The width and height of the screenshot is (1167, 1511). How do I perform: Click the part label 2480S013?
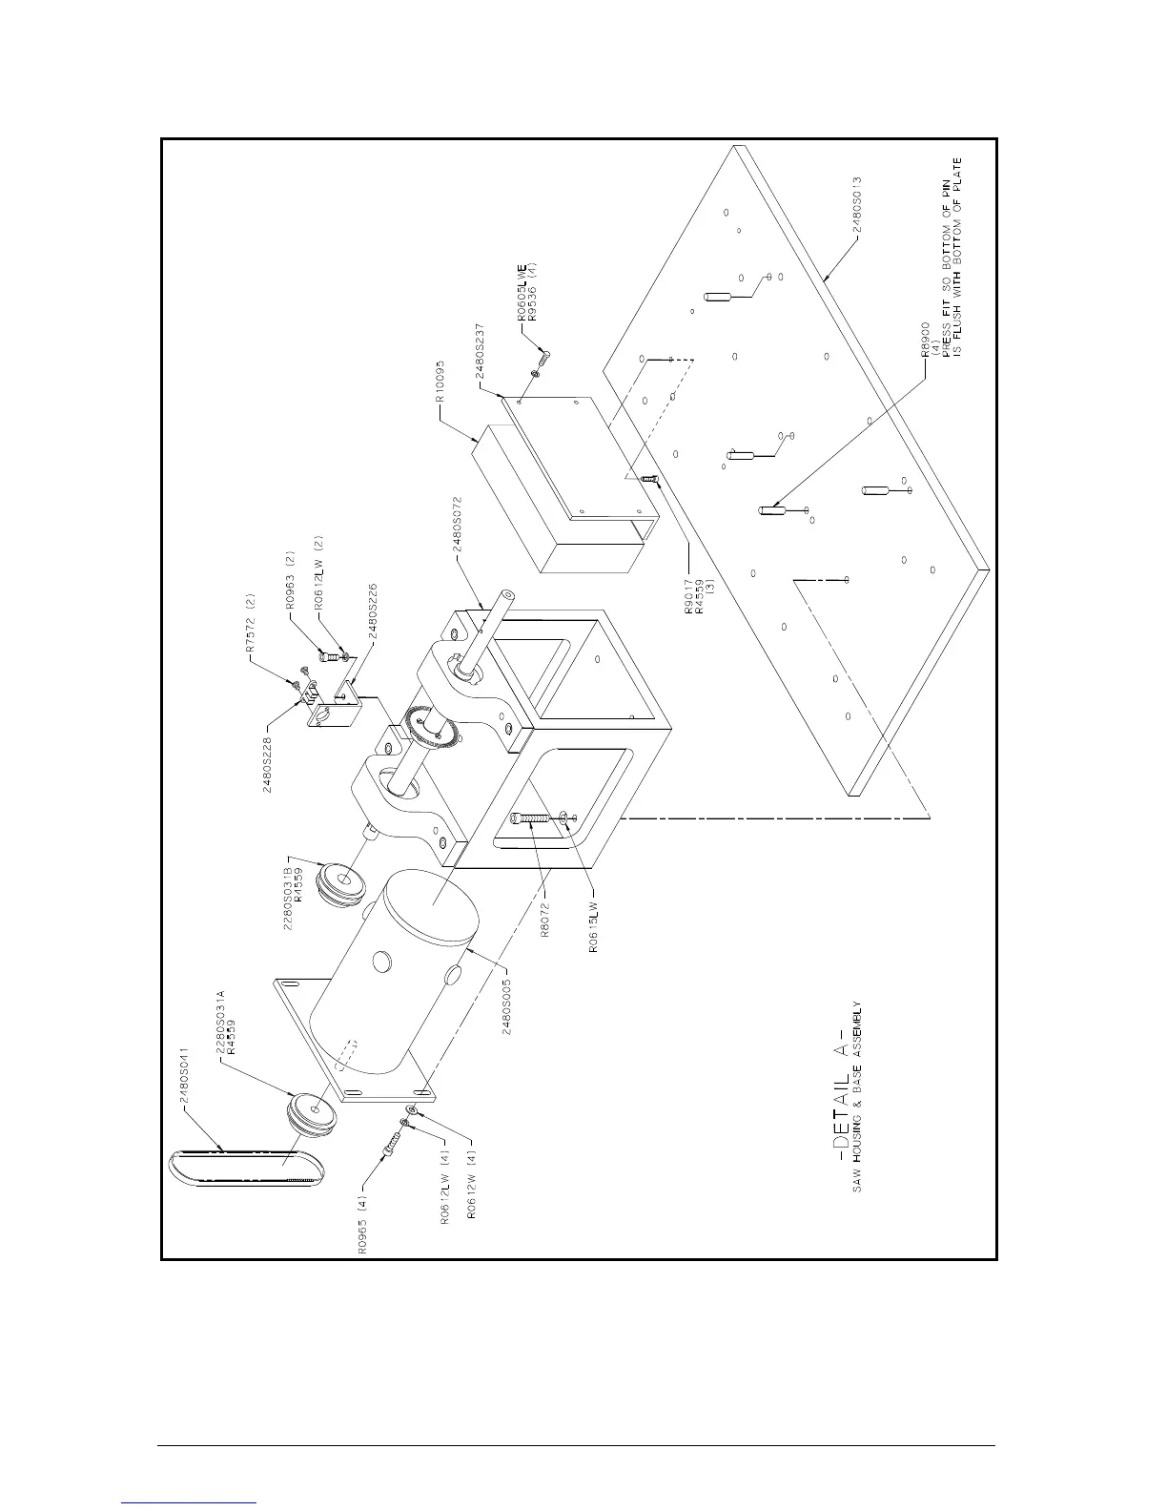click(857, 204)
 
